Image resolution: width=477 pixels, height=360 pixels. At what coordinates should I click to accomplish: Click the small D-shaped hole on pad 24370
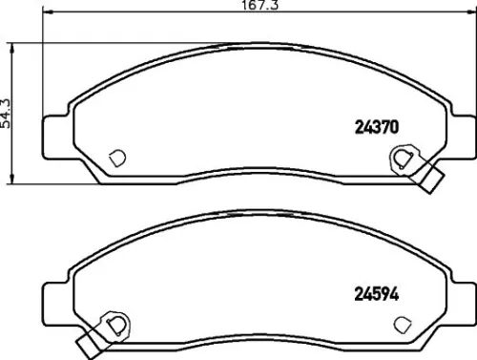(118, 158)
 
